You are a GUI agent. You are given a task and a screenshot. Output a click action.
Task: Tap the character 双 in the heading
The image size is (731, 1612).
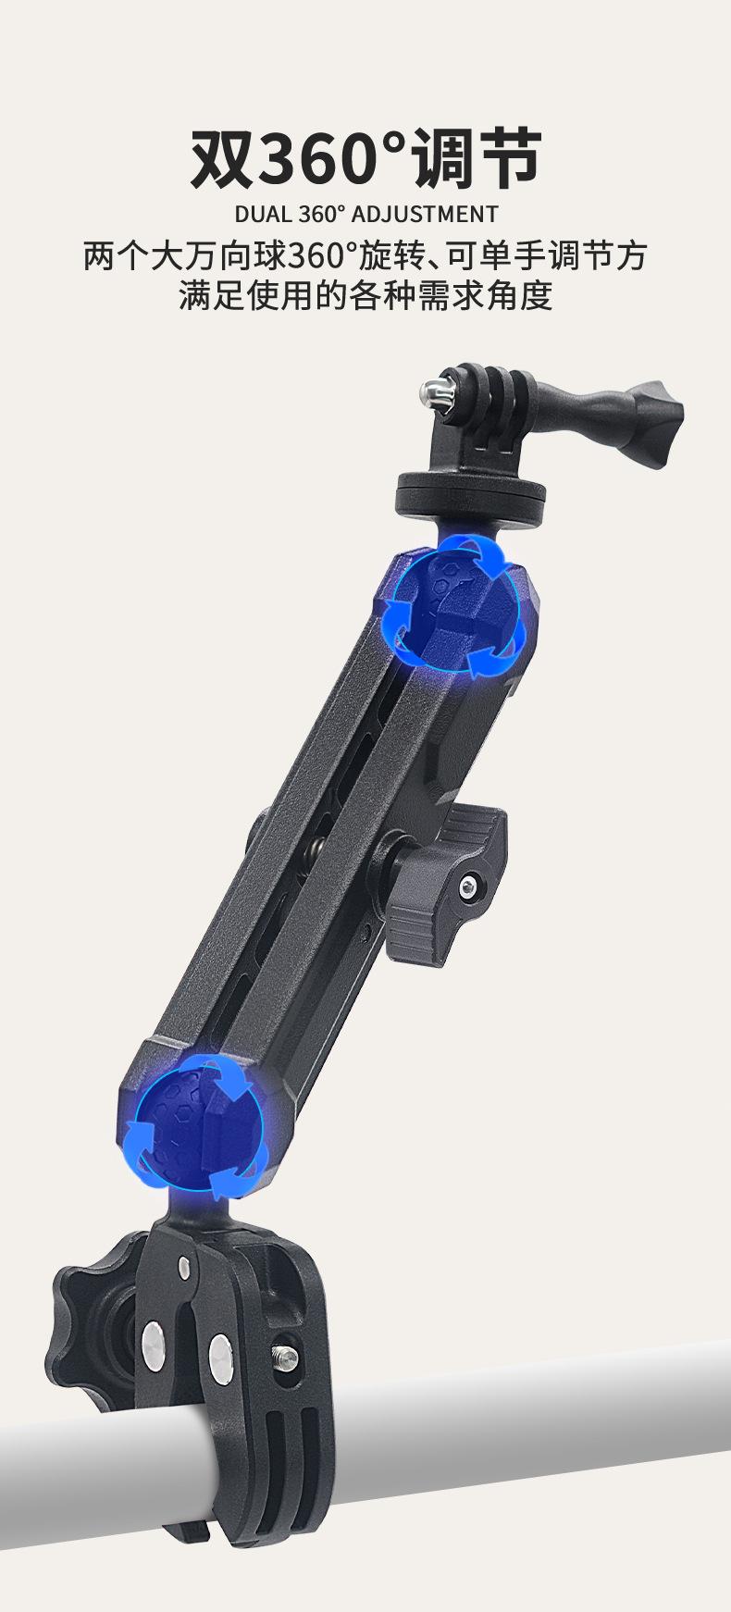coord(222,159)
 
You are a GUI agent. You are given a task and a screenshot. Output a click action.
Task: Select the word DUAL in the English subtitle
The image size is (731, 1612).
coord(262,215)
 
